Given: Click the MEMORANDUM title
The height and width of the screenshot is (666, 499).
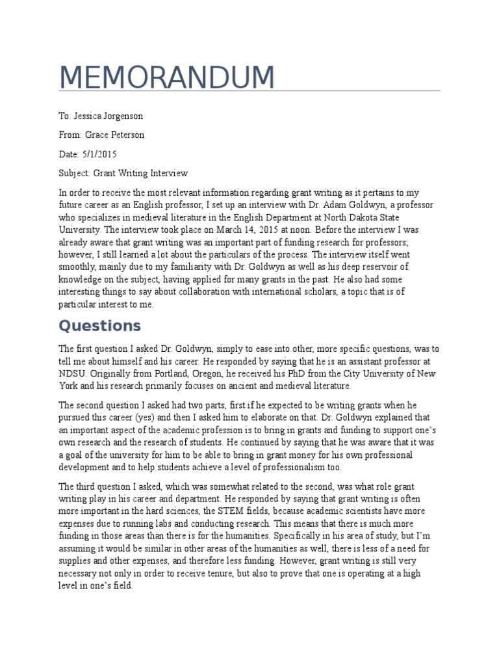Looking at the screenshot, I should (x=166, y=78).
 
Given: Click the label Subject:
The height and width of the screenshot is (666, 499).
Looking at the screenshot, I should (x=75, y=173).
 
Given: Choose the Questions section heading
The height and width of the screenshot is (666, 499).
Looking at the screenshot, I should (x=99, y=325).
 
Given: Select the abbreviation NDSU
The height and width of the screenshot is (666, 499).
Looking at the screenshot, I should (x=73, y=373).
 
